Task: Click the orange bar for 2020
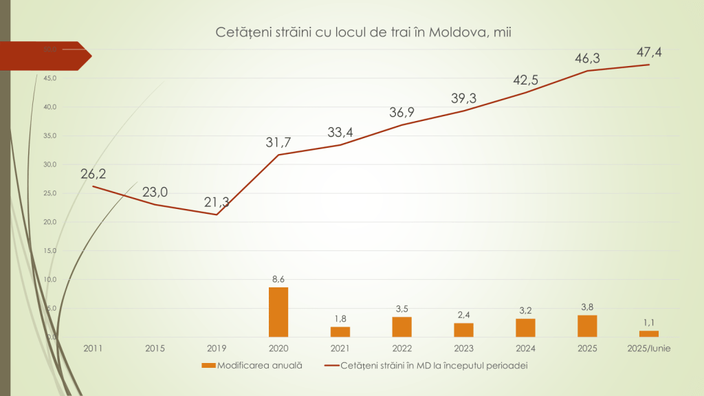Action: click(278, 312)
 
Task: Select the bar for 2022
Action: click(402, 327)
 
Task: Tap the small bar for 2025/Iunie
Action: click(649, 334)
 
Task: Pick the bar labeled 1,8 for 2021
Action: click(340, 331)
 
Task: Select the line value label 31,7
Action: click(278, 142)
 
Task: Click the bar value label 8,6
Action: click(278, 279)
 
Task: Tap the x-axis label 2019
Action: click(217, 349)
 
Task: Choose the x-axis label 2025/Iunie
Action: click(649, 349)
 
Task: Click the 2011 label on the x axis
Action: click(93, 349)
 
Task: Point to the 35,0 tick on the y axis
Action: click(49, 136)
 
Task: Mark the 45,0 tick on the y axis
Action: click(49, 78)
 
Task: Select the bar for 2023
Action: click(464, 330)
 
